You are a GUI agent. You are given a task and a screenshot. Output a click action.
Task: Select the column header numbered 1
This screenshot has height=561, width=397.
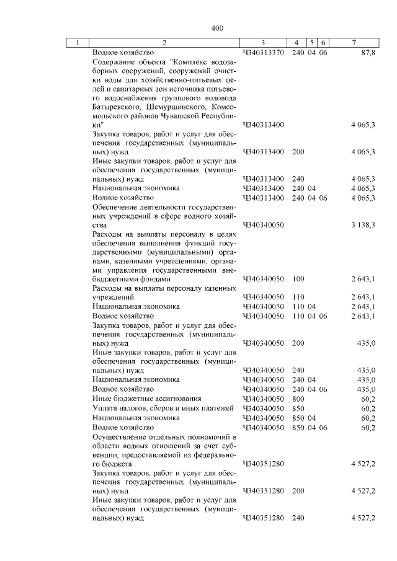click(78, 43)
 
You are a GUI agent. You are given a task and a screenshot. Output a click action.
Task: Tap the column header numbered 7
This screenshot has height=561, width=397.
click(353, 43)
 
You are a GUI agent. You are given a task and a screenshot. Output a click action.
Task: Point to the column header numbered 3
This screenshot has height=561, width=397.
click(263, 43)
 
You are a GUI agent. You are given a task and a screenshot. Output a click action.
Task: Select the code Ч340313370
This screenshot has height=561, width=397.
click(263, 53)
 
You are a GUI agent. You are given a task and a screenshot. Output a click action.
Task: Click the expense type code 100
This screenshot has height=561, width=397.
click(298, 279)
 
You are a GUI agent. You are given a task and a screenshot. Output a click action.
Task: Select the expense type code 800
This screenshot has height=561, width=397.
click(298, 398)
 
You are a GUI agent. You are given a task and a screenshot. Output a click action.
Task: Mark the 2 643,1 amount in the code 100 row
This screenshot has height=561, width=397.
click(363, 279)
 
